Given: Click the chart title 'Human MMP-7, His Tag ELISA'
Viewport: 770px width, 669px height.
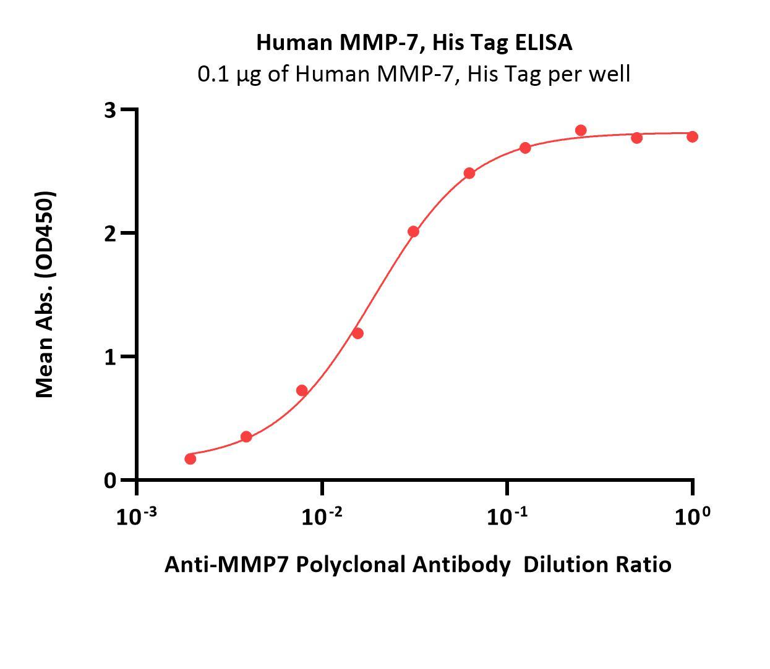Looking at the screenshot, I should (414, 43).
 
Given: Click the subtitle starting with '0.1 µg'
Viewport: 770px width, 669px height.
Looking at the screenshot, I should (414, 74).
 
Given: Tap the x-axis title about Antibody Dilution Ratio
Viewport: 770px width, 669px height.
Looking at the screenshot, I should (417, 565).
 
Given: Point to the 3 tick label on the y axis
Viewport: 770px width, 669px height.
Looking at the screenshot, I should (110, 110).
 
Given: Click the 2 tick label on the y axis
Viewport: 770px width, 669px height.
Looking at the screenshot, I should (110, 234).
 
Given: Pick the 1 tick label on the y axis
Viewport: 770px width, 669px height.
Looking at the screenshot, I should (110, 357).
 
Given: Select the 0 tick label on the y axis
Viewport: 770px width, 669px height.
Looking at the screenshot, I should (110, 481).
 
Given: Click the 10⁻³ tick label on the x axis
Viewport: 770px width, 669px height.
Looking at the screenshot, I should (136, 516).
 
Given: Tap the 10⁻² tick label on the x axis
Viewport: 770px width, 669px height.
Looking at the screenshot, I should (322, 516).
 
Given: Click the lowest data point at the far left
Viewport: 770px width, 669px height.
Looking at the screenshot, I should (190, 459).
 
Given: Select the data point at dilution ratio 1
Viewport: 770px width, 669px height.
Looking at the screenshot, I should (692, 137).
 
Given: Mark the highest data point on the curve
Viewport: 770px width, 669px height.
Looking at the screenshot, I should (581, 130).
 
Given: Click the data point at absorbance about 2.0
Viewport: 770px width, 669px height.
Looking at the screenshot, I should (413, 232).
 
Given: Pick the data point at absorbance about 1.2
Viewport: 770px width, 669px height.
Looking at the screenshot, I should (357, 334).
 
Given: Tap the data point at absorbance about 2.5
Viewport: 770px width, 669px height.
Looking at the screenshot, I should (469, 173).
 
